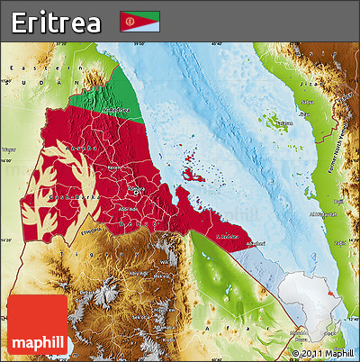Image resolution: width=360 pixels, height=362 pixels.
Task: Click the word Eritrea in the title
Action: [56, 22]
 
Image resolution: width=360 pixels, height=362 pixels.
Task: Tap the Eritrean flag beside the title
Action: [139, 22]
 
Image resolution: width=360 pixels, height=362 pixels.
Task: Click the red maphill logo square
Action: [36, 324]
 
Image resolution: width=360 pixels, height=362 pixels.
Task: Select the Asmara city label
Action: [136, 190]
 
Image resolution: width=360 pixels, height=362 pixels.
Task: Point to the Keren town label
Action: [112, 168]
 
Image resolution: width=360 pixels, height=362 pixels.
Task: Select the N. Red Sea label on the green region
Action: [117, 110]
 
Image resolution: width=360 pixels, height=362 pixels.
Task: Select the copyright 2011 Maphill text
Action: [324, 354]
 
